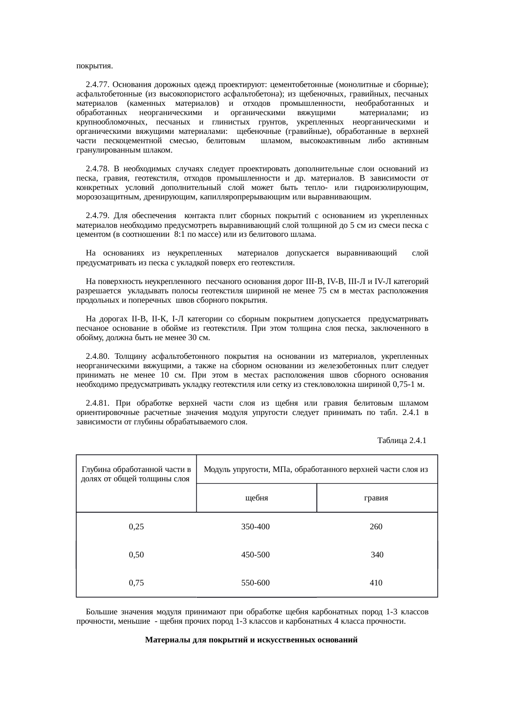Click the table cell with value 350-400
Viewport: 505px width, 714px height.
tap(255, 527)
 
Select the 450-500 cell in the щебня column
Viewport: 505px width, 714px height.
tap(255, 555)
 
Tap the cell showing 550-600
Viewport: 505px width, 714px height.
tap(255, 583)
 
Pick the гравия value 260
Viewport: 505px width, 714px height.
tap(376, 527)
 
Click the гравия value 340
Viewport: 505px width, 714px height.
tap(377, 555)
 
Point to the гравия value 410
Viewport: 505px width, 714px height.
tap(376, 583)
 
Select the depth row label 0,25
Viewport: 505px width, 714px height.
tap(136, 527)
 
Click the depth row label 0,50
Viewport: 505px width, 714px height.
tap(136, 555)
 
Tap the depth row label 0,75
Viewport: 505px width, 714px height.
tap(136, 583)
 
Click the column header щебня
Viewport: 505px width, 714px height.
tap(256, 498)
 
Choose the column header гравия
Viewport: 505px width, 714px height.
tap(376, 498)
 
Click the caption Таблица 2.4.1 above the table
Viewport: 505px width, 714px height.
tap(402, 441)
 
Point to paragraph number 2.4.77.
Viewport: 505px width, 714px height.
tap(98, 85)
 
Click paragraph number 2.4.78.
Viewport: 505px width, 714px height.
tap(98, 168)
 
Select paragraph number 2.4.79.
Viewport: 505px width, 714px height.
tap(98, 215)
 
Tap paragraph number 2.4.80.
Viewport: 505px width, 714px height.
tap(98, 357)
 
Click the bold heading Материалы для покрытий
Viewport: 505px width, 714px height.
tap(251, 640)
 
